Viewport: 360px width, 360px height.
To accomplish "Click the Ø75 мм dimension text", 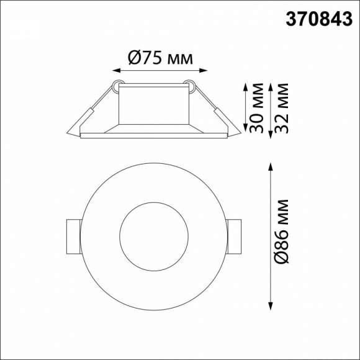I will [x=160, y=58].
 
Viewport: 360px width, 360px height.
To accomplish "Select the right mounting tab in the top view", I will [x=233, y=236].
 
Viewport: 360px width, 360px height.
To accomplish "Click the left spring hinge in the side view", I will [x=116, y=86].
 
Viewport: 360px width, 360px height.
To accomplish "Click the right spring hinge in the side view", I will [x=192, y=86].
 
